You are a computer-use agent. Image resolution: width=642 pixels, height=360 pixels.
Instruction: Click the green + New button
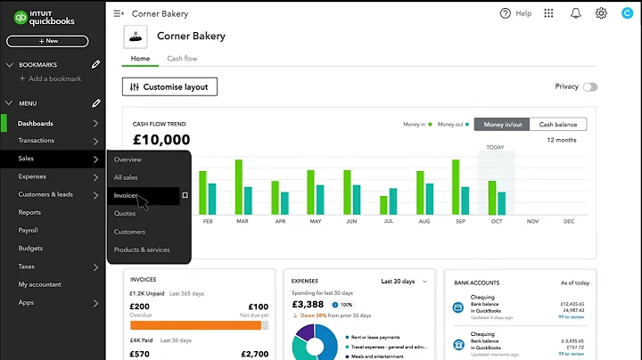pyautogui.click(x=47, y=41)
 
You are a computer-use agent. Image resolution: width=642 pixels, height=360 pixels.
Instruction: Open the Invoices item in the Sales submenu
pyautogui.click(x=127, y=195)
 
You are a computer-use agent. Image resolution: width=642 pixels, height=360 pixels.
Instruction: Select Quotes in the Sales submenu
pyautogui.click(x=125, y=213)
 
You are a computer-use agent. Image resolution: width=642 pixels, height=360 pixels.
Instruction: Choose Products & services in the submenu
pyautogui.click(x=142, y=250)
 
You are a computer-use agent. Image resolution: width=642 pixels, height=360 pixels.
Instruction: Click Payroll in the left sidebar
pyautogui.click(x=29, y=230)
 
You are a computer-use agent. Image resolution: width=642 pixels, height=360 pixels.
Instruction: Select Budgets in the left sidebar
pyautogui.click(x=30, y=248)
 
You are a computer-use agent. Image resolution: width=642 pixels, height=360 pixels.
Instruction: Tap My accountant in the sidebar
pyautogui.click(x=41, y=284)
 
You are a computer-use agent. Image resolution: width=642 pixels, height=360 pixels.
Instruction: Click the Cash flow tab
pyautogui.click(x=182, y=59)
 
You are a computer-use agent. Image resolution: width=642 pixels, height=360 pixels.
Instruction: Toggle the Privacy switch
pyautogui.click(x=590, y=87)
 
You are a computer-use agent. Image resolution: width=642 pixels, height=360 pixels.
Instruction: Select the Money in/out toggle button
pyautogui.click(x=502, y=125)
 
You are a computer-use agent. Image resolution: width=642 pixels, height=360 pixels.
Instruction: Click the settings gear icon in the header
pyautogui.click(x=601, y=13)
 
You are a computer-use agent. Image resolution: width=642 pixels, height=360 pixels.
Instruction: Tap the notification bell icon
pyautogui.click(x=575, y=13)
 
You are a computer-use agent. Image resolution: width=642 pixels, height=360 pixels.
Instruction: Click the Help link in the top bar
pyautogui.click(x=516, y=13)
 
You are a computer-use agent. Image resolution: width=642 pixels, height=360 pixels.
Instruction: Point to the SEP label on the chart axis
pyautogui.click(x=460, y=221)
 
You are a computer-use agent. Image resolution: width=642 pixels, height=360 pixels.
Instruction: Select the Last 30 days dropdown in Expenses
pyautogui.click(x=404, y=281)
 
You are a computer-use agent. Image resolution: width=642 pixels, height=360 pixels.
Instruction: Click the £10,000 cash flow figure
pyautogui.click(x=161, y=140)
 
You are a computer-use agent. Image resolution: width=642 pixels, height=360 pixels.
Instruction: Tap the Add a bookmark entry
pyautogui.click(x=55, y=79)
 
